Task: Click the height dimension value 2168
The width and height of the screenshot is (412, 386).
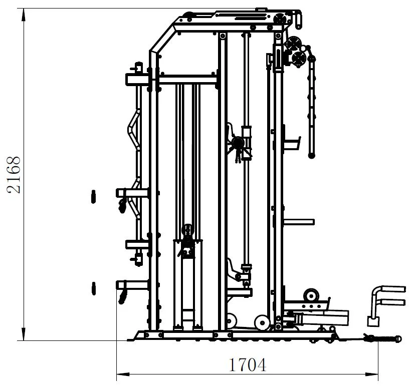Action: click(14, 175)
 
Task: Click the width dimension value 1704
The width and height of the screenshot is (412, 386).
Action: click(248, 365)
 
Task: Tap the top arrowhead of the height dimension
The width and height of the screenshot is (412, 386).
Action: click(24, 15)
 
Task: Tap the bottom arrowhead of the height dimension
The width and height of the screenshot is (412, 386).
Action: click(24, 334)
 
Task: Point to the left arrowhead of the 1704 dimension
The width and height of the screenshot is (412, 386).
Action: click(123, 374)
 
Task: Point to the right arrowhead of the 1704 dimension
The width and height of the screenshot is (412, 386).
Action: click(371, 374)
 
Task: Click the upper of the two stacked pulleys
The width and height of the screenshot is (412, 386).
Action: click(293, 44)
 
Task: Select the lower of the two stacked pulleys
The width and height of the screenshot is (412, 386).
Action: click(299, 59)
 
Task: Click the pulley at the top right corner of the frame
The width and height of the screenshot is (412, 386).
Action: click(280, 20)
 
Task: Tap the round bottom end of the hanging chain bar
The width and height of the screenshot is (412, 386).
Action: click(312, 156)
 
